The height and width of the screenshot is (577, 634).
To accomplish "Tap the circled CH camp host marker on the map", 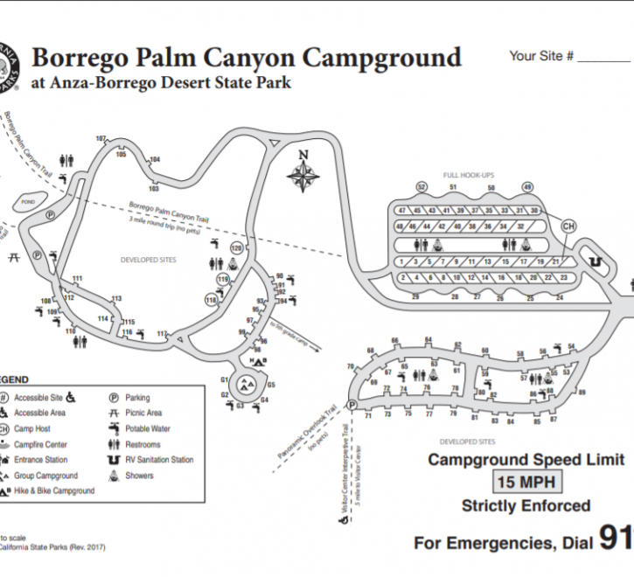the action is (x=569, y=226).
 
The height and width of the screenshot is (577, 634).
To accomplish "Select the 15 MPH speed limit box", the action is (x=525, y=482).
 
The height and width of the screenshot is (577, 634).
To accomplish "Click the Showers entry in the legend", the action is (x=139, y=476).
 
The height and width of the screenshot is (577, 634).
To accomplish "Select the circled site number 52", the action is (x=422, y=187).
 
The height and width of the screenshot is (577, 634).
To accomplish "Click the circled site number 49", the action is (x=527, y=187).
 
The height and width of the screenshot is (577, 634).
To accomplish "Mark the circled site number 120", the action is (x=234, y=248).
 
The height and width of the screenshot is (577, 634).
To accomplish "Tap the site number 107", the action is (x=101, y=139).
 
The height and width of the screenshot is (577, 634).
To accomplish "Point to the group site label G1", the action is (x=224, y=380).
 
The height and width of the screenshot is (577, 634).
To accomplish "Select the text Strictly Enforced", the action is (x=525, y=505).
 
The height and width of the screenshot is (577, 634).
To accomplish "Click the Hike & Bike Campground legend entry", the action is (x=53, y=491).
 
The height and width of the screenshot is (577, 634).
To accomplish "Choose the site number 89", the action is (x=582, y=393).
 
